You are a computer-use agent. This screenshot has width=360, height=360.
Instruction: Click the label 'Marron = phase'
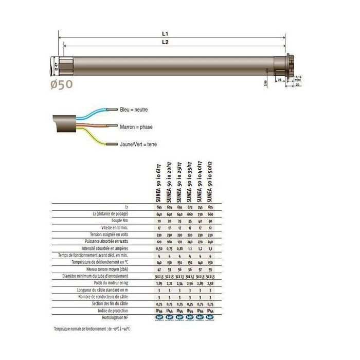pos(136,127)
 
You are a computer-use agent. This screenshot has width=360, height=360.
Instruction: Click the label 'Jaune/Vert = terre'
pos(138,145)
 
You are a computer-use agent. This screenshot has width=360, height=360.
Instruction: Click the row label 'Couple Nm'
pos(117,220)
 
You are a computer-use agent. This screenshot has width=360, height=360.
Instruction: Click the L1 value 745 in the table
pos(200,207)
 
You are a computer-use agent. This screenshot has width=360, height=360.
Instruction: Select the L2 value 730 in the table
pos(200,213)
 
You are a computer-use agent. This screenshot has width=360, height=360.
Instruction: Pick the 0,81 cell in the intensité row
pos(179,248)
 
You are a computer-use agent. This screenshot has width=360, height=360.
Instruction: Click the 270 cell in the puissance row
pos(200,241)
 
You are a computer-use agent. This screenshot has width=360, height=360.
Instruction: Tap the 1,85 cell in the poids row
pos(159,283)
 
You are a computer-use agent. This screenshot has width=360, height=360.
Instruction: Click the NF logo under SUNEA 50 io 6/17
pos(159,318)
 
